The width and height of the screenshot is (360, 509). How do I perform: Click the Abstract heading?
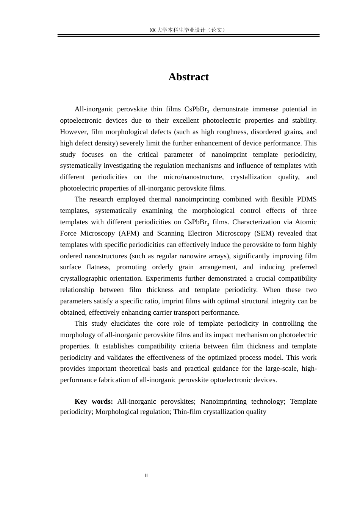tap(188, 77)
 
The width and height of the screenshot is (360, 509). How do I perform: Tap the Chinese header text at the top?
tap(188, 30)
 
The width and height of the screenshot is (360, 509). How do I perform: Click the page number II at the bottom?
tap(146, 476)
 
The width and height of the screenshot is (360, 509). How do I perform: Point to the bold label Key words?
tap(94, 401)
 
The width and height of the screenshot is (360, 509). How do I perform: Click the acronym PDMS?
tap(307, 199)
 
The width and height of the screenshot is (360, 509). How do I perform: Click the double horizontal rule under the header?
tap(188, 35)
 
